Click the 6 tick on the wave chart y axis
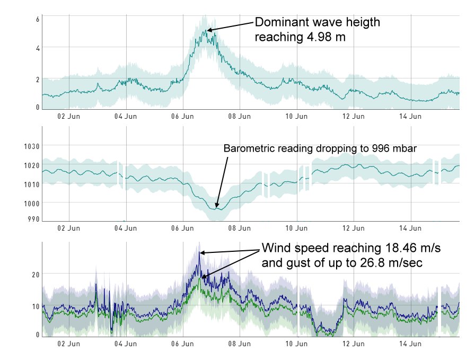coord(38,20)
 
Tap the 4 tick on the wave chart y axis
coord(38,48)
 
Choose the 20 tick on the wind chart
coord(36,274)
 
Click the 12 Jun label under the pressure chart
coord(353,229)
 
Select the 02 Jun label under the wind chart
coord(68,344)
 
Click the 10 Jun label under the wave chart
coord(296,116)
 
